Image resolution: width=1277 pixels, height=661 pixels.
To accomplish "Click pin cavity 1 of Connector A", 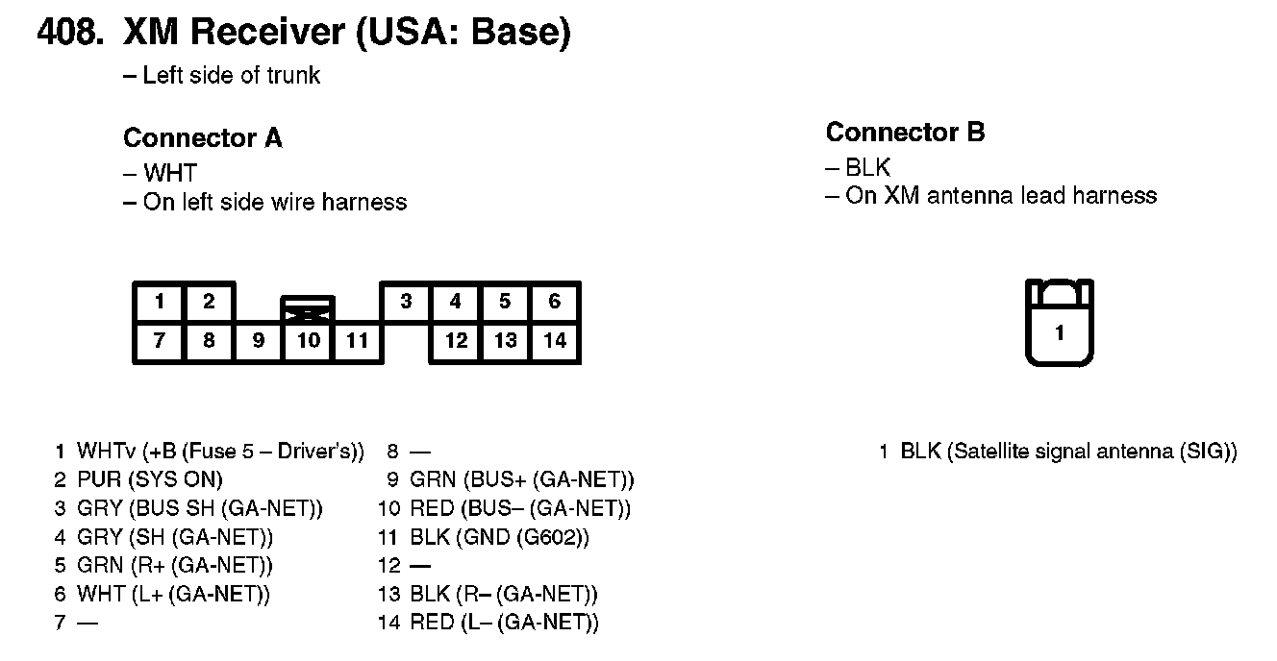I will tap(160, 303).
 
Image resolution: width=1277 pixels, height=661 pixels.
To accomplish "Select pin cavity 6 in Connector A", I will tap(555, 303).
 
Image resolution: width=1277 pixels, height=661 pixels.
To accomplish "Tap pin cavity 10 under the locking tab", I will tap(308, 341).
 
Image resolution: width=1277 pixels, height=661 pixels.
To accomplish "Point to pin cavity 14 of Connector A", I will tap(555, 341).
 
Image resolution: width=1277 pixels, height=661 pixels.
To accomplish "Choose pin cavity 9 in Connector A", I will tap(258, 341).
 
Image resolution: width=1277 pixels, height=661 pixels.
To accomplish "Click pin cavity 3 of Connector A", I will tap(407, 303).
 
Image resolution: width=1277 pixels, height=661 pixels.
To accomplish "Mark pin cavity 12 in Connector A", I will tap(456, 341).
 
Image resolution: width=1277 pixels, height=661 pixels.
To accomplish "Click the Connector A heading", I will tap(203, 138).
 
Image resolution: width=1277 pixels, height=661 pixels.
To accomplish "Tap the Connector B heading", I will tap(905, 133).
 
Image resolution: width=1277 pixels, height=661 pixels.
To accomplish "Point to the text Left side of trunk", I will tap(231, 76).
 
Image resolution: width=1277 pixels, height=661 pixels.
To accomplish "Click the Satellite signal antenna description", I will tap(1067, 452).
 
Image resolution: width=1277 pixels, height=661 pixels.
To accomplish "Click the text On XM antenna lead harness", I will tap(1000, 196).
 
